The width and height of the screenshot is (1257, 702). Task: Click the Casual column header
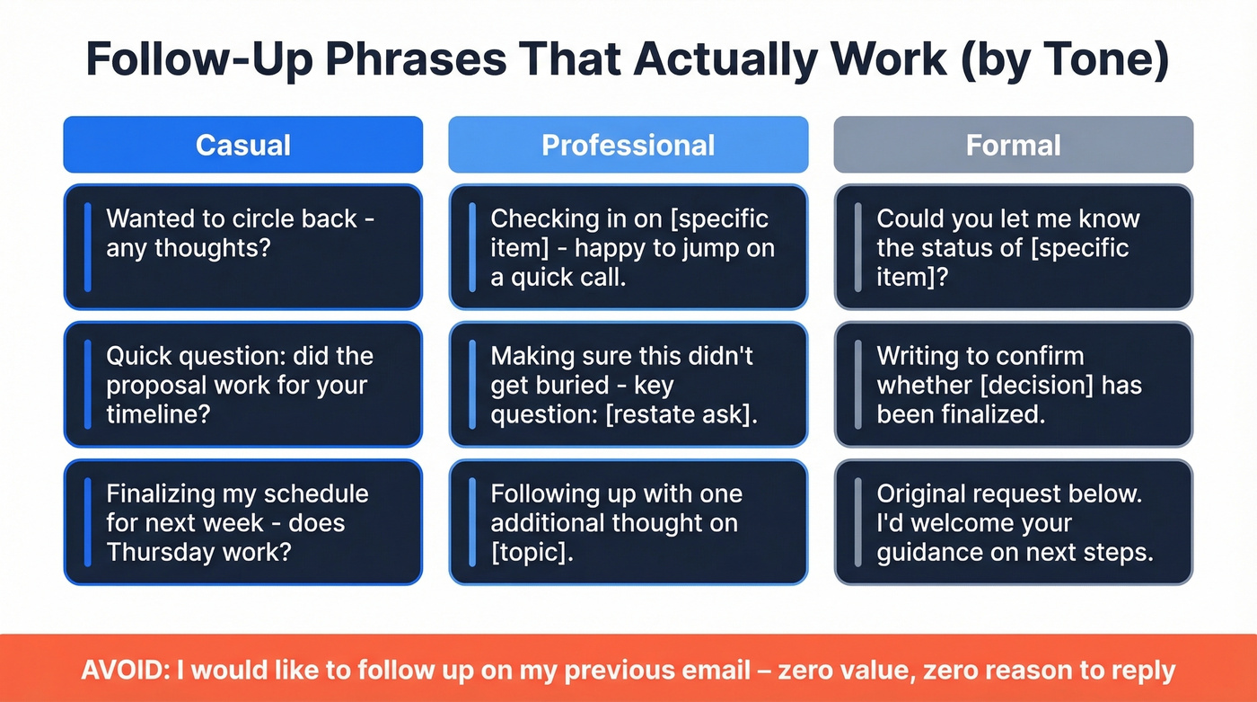(x=242, y=145)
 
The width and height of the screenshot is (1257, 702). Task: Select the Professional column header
(x=628, y=145)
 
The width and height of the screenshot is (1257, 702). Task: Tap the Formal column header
(x=1013, y=145)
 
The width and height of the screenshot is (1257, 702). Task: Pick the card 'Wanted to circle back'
(x=242, y=247)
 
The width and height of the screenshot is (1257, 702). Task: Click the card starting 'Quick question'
(x=242, y=385)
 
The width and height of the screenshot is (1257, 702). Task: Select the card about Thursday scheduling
(x=242, y=522)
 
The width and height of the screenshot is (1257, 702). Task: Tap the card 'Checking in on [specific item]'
(x=628, y=247)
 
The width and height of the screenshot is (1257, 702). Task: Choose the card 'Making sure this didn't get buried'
(x=628, y=385)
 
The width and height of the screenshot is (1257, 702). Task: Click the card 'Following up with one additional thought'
(x=628, y=522)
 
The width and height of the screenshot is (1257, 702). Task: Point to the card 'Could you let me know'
(x=1013, y=247)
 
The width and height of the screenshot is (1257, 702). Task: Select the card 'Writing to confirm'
(x=1013, y=385)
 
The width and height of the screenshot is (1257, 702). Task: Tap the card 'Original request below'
(x=1013, y=522)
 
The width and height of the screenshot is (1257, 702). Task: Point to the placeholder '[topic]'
(x=532, y=552)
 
